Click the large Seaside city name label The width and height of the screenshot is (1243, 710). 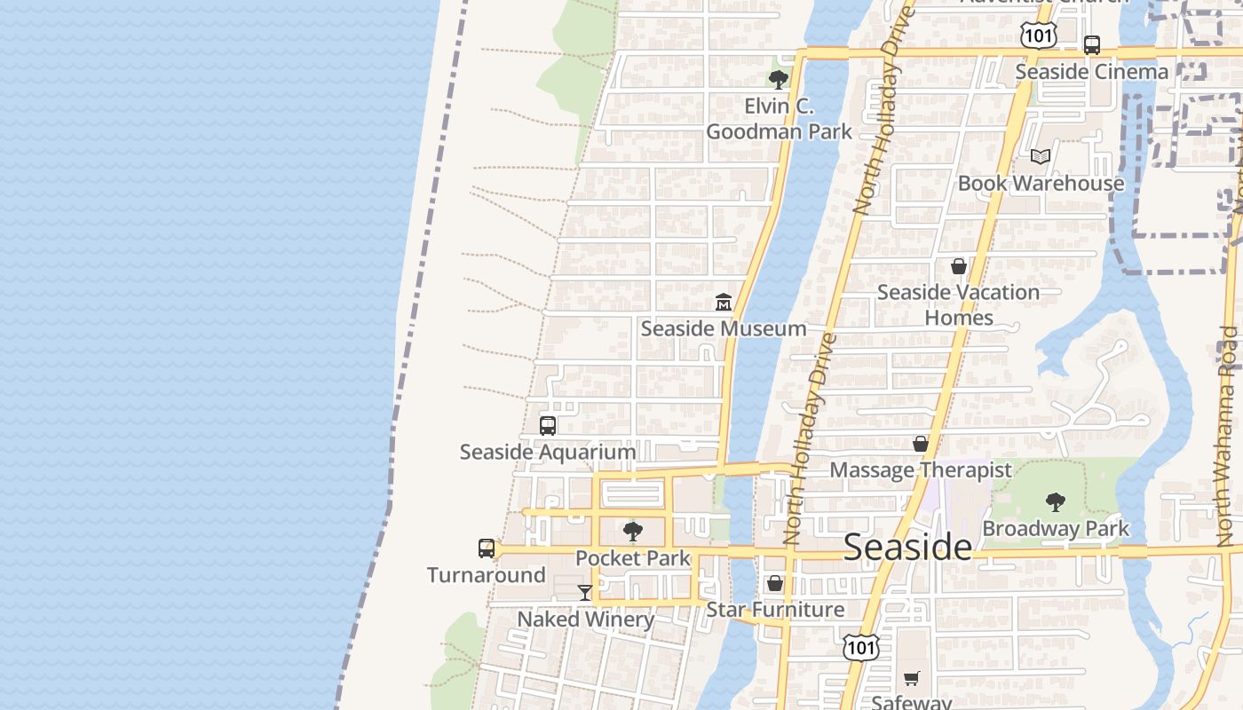point(907,547)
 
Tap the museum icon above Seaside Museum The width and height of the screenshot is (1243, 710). point(723,302)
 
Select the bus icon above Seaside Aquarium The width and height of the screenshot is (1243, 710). point(548,425)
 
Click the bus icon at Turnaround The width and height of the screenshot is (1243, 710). point(487,548)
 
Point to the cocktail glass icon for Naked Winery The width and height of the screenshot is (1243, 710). point(584,592)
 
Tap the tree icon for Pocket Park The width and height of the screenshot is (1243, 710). point(633,532)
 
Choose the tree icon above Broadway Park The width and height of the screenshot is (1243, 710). point(1055,502)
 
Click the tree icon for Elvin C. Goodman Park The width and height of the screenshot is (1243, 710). point(779,80)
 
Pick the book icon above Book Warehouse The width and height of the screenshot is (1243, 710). point(1041,157)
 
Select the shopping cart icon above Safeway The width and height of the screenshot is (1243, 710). point(912,679)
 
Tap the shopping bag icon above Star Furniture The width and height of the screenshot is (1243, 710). point(775,583)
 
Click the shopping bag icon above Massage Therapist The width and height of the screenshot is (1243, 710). point(921,444)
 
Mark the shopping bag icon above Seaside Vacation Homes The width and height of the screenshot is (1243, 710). point(958,265)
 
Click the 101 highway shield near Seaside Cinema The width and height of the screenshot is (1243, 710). point(1037,35)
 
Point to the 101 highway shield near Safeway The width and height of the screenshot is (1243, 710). point(861,647)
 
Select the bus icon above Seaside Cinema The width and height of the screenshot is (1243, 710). point(1092,44)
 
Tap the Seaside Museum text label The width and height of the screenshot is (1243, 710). point(724,328)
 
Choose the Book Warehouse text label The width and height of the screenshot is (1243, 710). point(1041,184)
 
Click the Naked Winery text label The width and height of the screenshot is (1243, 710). point(586,619)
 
